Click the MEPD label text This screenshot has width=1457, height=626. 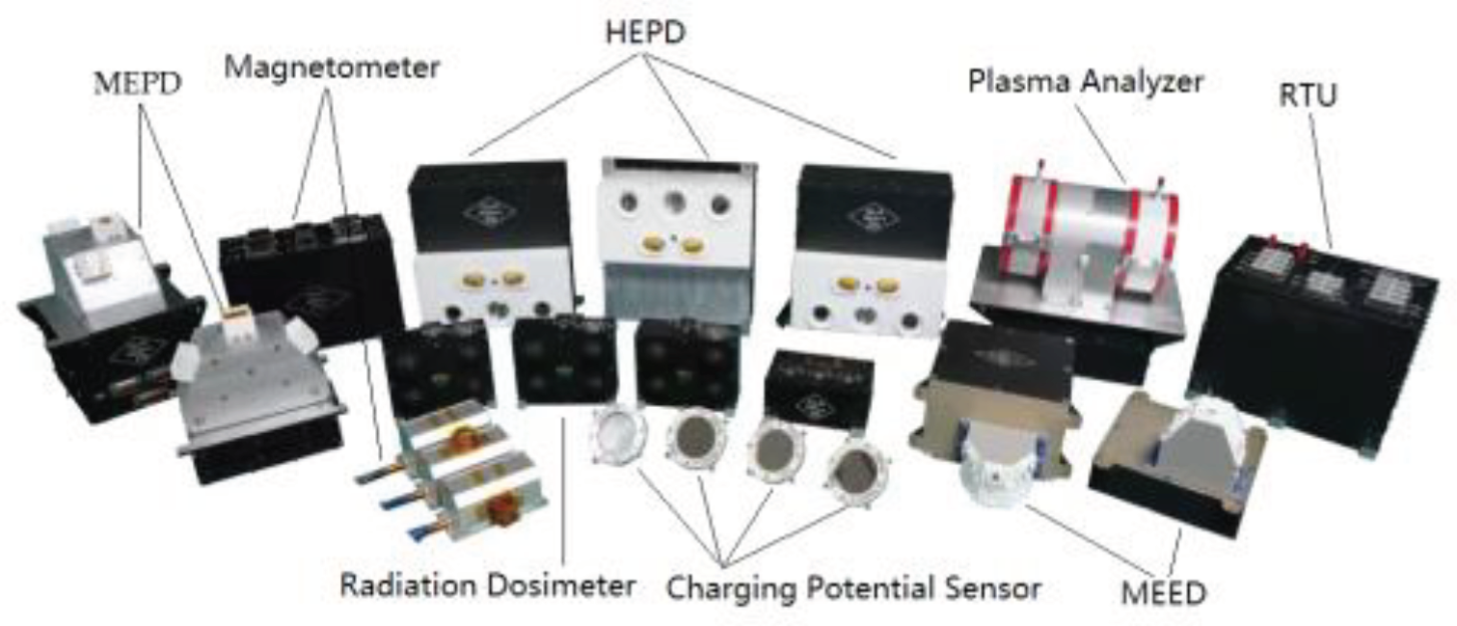[137, 84]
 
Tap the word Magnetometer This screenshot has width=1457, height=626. [332, 68]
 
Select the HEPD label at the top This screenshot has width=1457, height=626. [645, 33]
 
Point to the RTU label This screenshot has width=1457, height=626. [1308, 95]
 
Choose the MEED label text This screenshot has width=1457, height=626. [1164, 593]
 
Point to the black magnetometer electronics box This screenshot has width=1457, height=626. [310, 280]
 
